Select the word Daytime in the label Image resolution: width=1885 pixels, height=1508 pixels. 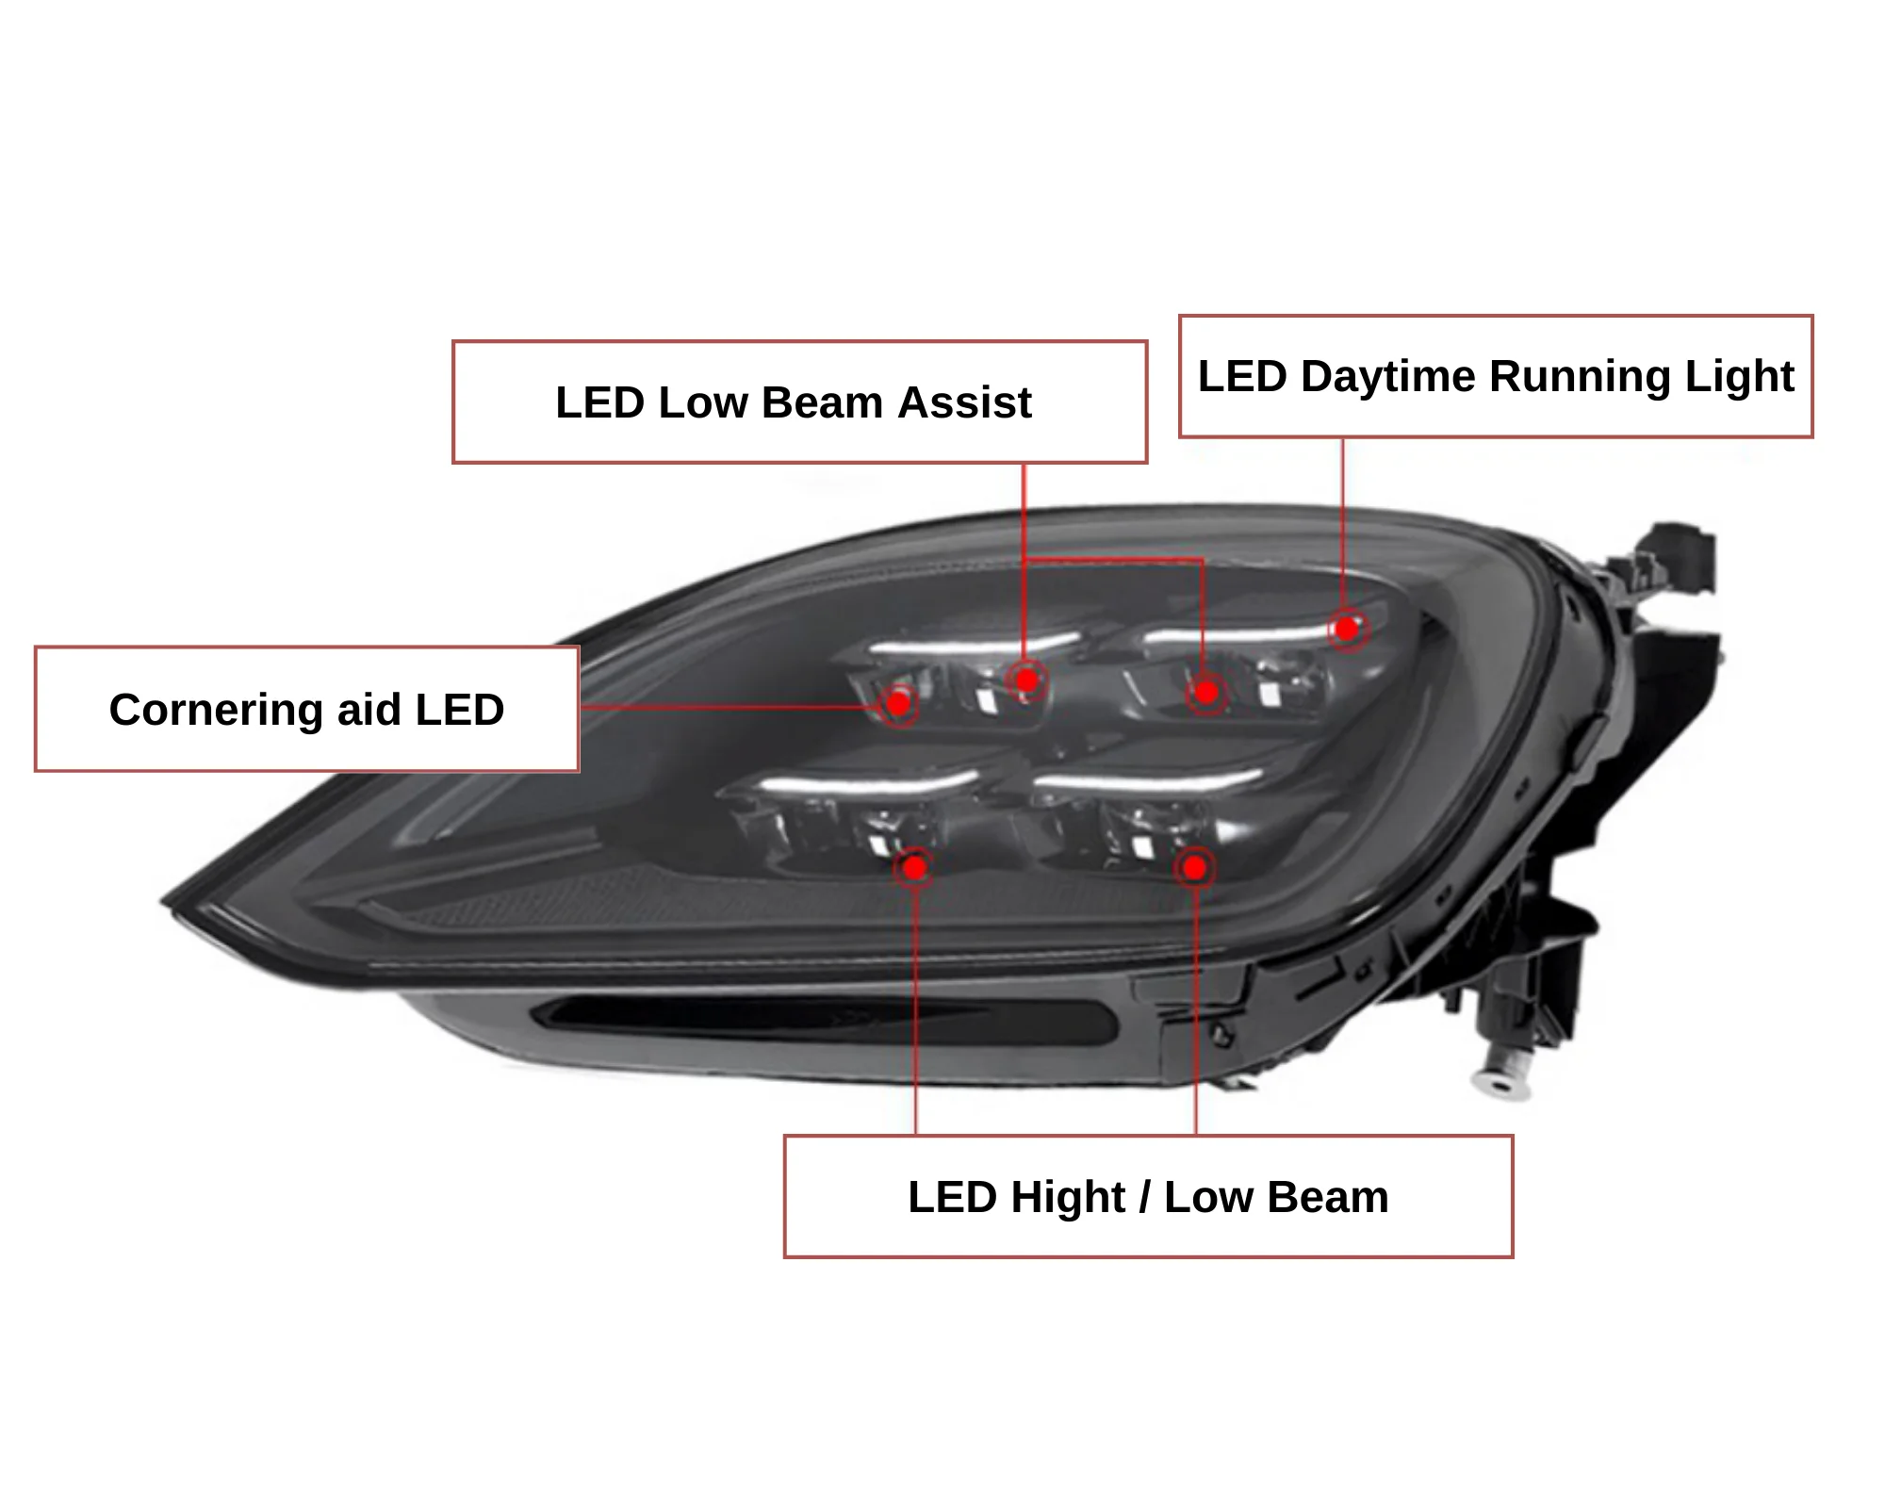coord(1387,377)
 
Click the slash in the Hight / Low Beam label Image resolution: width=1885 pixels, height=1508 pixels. coord(1145,1198)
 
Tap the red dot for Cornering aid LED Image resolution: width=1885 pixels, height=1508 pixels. coord(898,703)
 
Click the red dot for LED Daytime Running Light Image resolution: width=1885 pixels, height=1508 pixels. coord(1348,628)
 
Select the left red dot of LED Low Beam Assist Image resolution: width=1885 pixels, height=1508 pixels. coord(1026,680)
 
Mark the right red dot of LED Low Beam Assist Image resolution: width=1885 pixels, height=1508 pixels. coord(1205,694)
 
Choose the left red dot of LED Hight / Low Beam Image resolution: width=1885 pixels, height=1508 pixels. coord(914,867)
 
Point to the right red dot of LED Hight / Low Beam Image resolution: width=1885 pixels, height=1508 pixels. coord(1194,867)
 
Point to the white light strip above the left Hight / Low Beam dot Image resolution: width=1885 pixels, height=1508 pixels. coord(867,784)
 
